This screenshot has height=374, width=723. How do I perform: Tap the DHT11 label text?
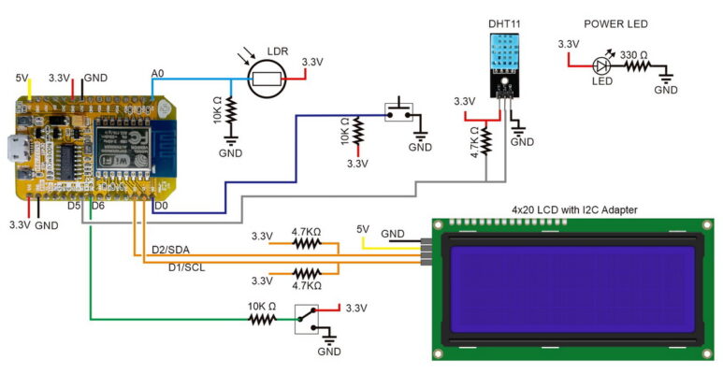tap(504, 24)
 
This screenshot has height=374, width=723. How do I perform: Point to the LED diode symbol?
tap(602, 65)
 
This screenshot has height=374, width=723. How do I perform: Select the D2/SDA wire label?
tap(172, 250)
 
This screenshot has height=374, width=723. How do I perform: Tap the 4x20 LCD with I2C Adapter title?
tap(574, 210)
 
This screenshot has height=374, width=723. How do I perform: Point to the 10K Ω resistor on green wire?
tap(262, 319)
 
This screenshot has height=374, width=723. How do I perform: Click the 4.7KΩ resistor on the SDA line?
tap(307, 243)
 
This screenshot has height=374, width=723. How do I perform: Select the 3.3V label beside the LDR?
tap(311, 62)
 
